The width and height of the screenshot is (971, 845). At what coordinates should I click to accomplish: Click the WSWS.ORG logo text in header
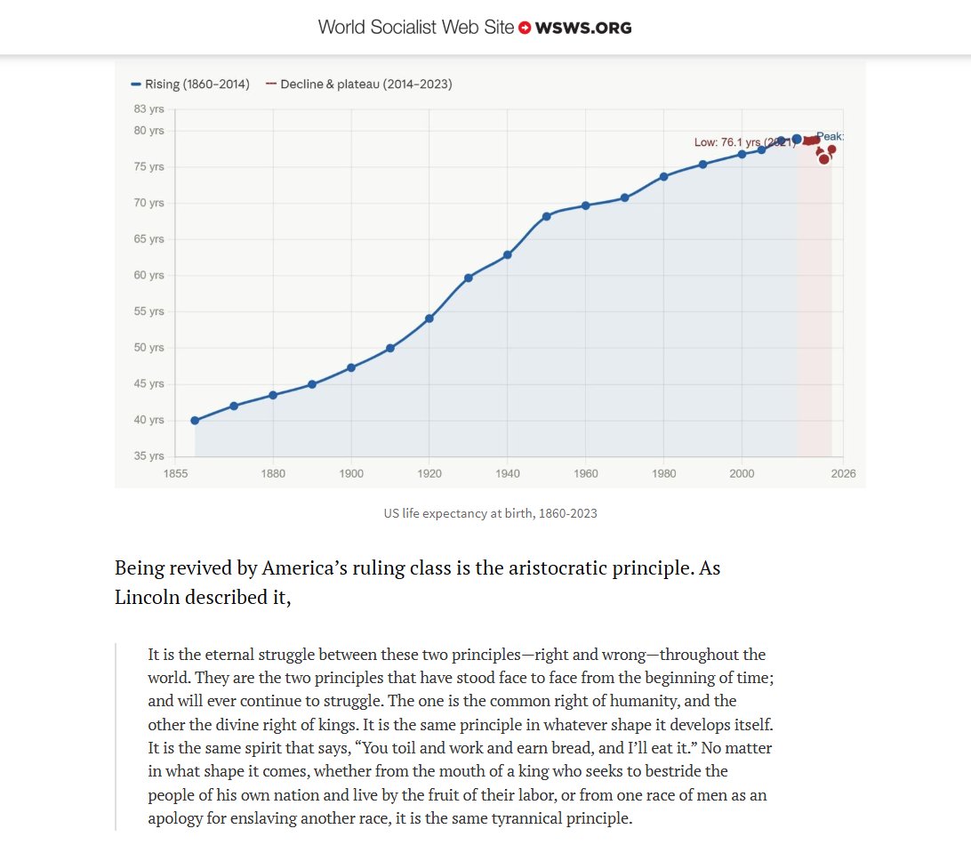[x=583, y=28]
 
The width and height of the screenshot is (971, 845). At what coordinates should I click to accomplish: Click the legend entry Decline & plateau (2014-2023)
[x=359, y=84]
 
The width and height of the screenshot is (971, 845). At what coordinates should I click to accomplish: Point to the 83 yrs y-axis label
[x=149, y=109]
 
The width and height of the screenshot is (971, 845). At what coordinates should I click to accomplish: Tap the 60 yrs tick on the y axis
[x=149, y=276]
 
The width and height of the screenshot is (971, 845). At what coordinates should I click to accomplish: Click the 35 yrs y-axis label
[x=149, y=456]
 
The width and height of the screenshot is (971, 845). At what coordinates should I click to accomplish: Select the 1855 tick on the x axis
[x=175, y=474]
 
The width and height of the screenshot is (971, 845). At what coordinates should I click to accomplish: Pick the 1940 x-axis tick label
[x=508, y=474]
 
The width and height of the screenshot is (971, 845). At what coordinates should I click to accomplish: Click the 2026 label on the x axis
[x=843, y=474]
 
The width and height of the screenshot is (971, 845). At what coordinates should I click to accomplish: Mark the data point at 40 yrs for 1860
[x=195, y=421]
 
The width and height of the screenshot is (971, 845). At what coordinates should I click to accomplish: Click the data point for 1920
[x=429, y=318]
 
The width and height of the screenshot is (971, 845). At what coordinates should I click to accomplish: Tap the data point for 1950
[x=547, y=216]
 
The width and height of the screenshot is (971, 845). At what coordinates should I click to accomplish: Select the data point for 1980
[x=664, y=176]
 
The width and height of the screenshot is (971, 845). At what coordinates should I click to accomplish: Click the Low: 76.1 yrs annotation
[x=743, y=142]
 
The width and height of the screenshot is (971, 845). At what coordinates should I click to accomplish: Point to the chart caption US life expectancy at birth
[x=490, y=514]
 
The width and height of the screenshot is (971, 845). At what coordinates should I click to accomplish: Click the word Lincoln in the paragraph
[x=149, y=597]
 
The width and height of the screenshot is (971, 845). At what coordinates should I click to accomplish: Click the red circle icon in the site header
[x=525, y=28]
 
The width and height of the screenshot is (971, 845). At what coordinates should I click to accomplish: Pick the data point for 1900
[x=351, y=367]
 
